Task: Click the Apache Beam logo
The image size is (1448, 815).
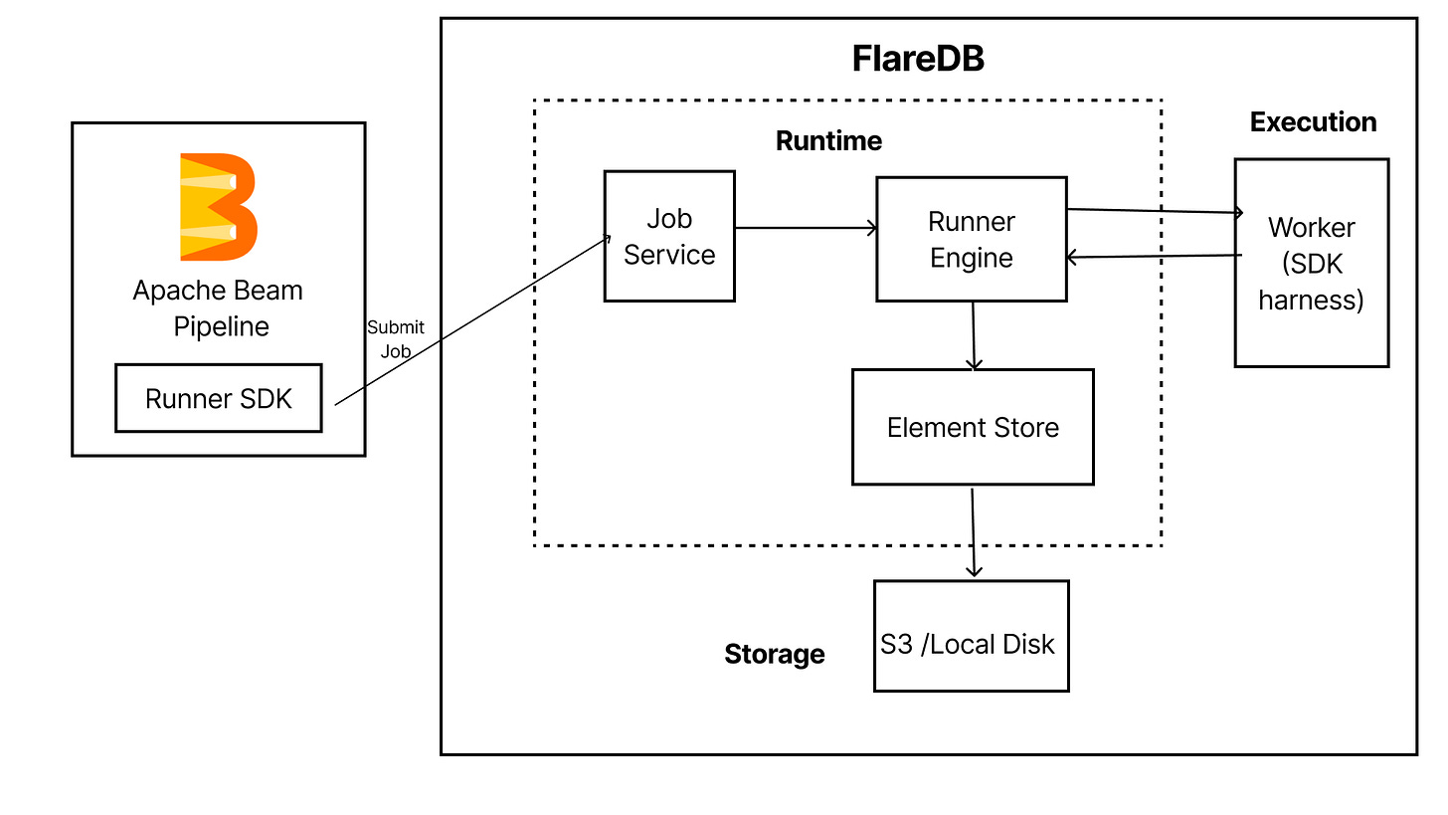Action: [x=219, y=207]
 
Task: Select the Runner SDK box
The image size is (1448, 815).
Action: [x=219, y=398]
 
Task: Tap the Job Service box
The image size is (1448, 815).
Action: [x=669, y=236]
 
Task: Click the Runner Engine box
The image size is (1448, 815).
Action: [x=971, y=239]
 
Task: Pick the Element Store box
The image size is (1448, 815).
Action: [x=973, y=427]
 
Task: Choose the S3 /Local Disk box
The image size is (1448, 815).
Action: [x=971, y=636]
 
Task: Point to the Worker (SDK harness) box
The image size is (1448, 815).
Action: [x=1312, y=263]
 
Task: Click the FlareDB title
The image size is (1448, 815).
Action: [x=918, y=58]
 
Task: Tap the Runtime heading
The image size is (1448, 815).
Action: [x=828, y=141]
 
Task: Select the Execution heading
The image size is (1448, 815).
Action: [x=1313, y=121]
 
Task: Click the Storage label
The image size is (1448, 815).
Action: [x=775, y=654]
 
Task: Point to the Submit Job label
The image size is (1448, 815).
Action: [x=396, y=339]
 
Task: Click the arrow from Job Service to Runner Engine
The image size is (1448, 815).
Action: [x=807, y=228]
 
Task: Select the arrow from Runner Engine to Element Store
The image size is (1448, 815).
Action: [x=974, y=335]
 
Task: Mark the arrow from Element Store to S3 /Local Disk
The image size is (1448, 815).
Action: [x=973, y=532]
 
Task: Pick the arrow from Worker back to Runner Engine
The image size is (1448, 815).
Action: [x=1154, y=256]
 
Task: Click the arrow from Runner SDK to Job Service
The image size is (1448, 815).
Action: [x=472, y=320]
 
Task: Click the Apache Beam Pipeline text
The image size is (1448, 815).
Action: [x=219, y=308]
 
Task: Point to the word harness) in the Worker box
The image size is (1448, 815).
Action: [x=1311, y=301]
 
